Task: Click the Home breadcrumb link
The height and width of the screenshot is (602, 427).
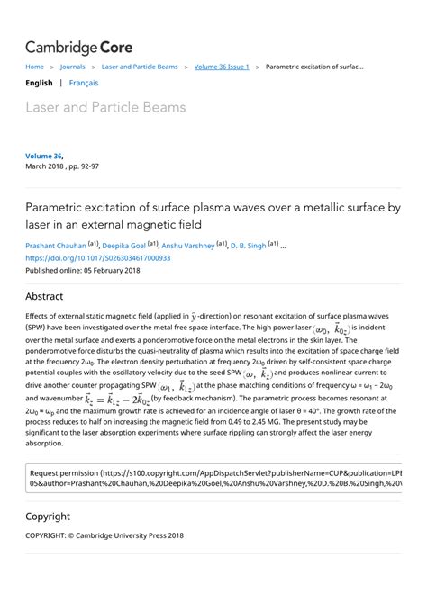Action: click(34, 67)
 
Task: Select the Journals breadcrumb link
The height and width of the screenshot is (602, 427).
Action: click(72, 67)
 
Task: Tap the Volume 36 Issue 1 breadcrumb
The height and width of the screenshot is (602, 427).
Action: click(222, 67)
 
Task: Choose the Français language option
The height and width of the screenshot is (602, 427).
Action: click(84, 83)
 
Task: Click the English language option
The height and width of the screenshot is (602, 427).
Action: click(39, 83)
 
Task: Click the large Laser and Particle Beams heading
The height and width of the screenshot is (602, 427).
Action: click(105, 108)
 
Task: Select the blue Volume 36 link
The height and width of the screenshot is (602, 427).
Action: click(43, 156)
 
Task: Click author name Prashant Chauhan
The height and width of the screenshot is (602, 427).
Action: click(55, 245)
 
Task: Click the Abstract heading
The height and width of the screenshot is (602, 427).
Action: click(44, 296)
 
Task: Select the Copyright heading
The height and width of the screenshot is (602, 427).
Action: click(48, 517)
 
